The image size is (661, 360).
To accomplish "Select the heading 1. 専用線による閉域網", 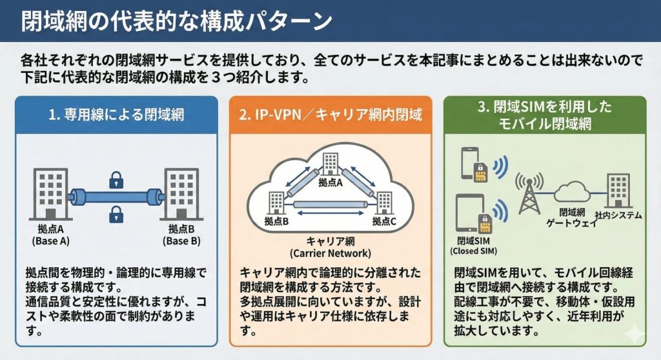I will tap(116, 115).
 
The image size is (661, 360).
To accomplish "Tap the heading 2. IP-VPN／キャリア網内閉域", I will tap(330, 115).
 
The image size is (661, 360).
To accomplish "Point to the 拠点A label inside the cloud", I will tap(330, 183).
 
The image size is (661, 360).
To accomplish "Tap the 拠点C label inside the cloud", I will tap(385, 221).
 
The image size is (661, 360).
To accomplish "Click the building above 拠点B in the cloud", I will tap(277, 203).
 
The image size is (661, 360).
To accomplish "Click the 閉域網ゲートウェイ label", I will tap(569, 217).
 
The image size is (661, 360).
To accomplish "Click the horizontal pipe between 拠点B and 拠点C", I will tap(330, 205).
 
